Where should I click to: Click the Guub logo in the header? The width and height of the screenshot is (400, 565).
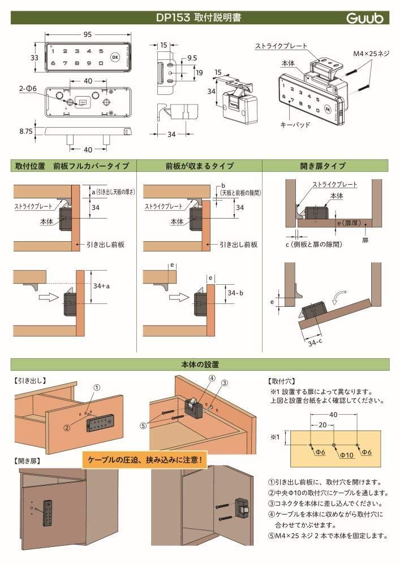(x=364, y=18)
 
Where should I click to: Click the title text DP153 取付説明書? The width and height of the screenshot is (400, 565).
(x=199, y=18)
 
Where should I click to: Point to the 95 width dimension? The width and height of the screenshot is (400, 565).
(x=88, y=34)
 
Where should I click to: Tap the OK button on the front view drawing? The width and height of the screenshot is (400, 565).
(x=115, y=56)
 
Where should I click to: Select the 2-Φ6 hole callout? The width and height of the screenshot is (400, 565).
(x=28, y=89)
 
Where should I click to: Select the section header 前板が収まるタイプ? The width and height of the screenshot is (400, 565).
(x=199, y=166)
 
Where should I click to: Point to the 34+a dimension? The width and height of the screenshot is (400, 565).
(x=102, y=286)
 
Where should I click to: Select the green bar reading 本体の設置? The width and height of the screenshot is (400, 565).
(x=200, y=364)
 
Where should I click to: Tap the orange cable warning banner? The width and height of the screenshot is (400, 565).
(x=145, y=459)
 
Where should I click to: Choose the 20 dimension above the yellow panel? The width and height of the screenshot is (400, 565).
(x=321, y=424)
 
